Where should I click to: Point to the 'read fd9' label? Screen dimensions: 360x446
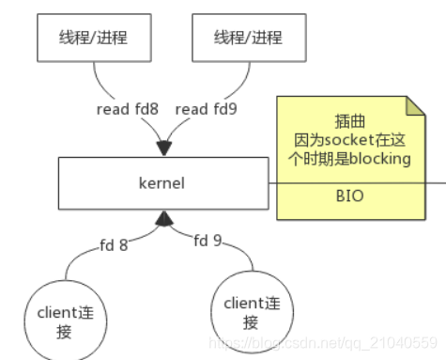(206, 109)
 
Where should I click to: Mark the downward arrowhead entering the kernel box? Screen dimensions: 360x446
(164, 148)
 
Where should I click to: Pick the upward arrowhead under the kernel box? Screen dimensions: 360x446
(165, 219)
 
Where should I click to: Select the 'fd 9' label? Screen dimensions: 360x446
(209, 241)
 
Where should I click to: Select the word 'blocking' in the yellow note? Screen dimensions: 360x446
(381, 159)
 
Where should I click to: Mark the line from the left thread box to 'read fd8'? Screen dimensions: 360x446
(92, 80)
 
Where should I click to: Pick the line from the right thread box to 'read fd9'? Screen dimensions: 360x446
(239, 80)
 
